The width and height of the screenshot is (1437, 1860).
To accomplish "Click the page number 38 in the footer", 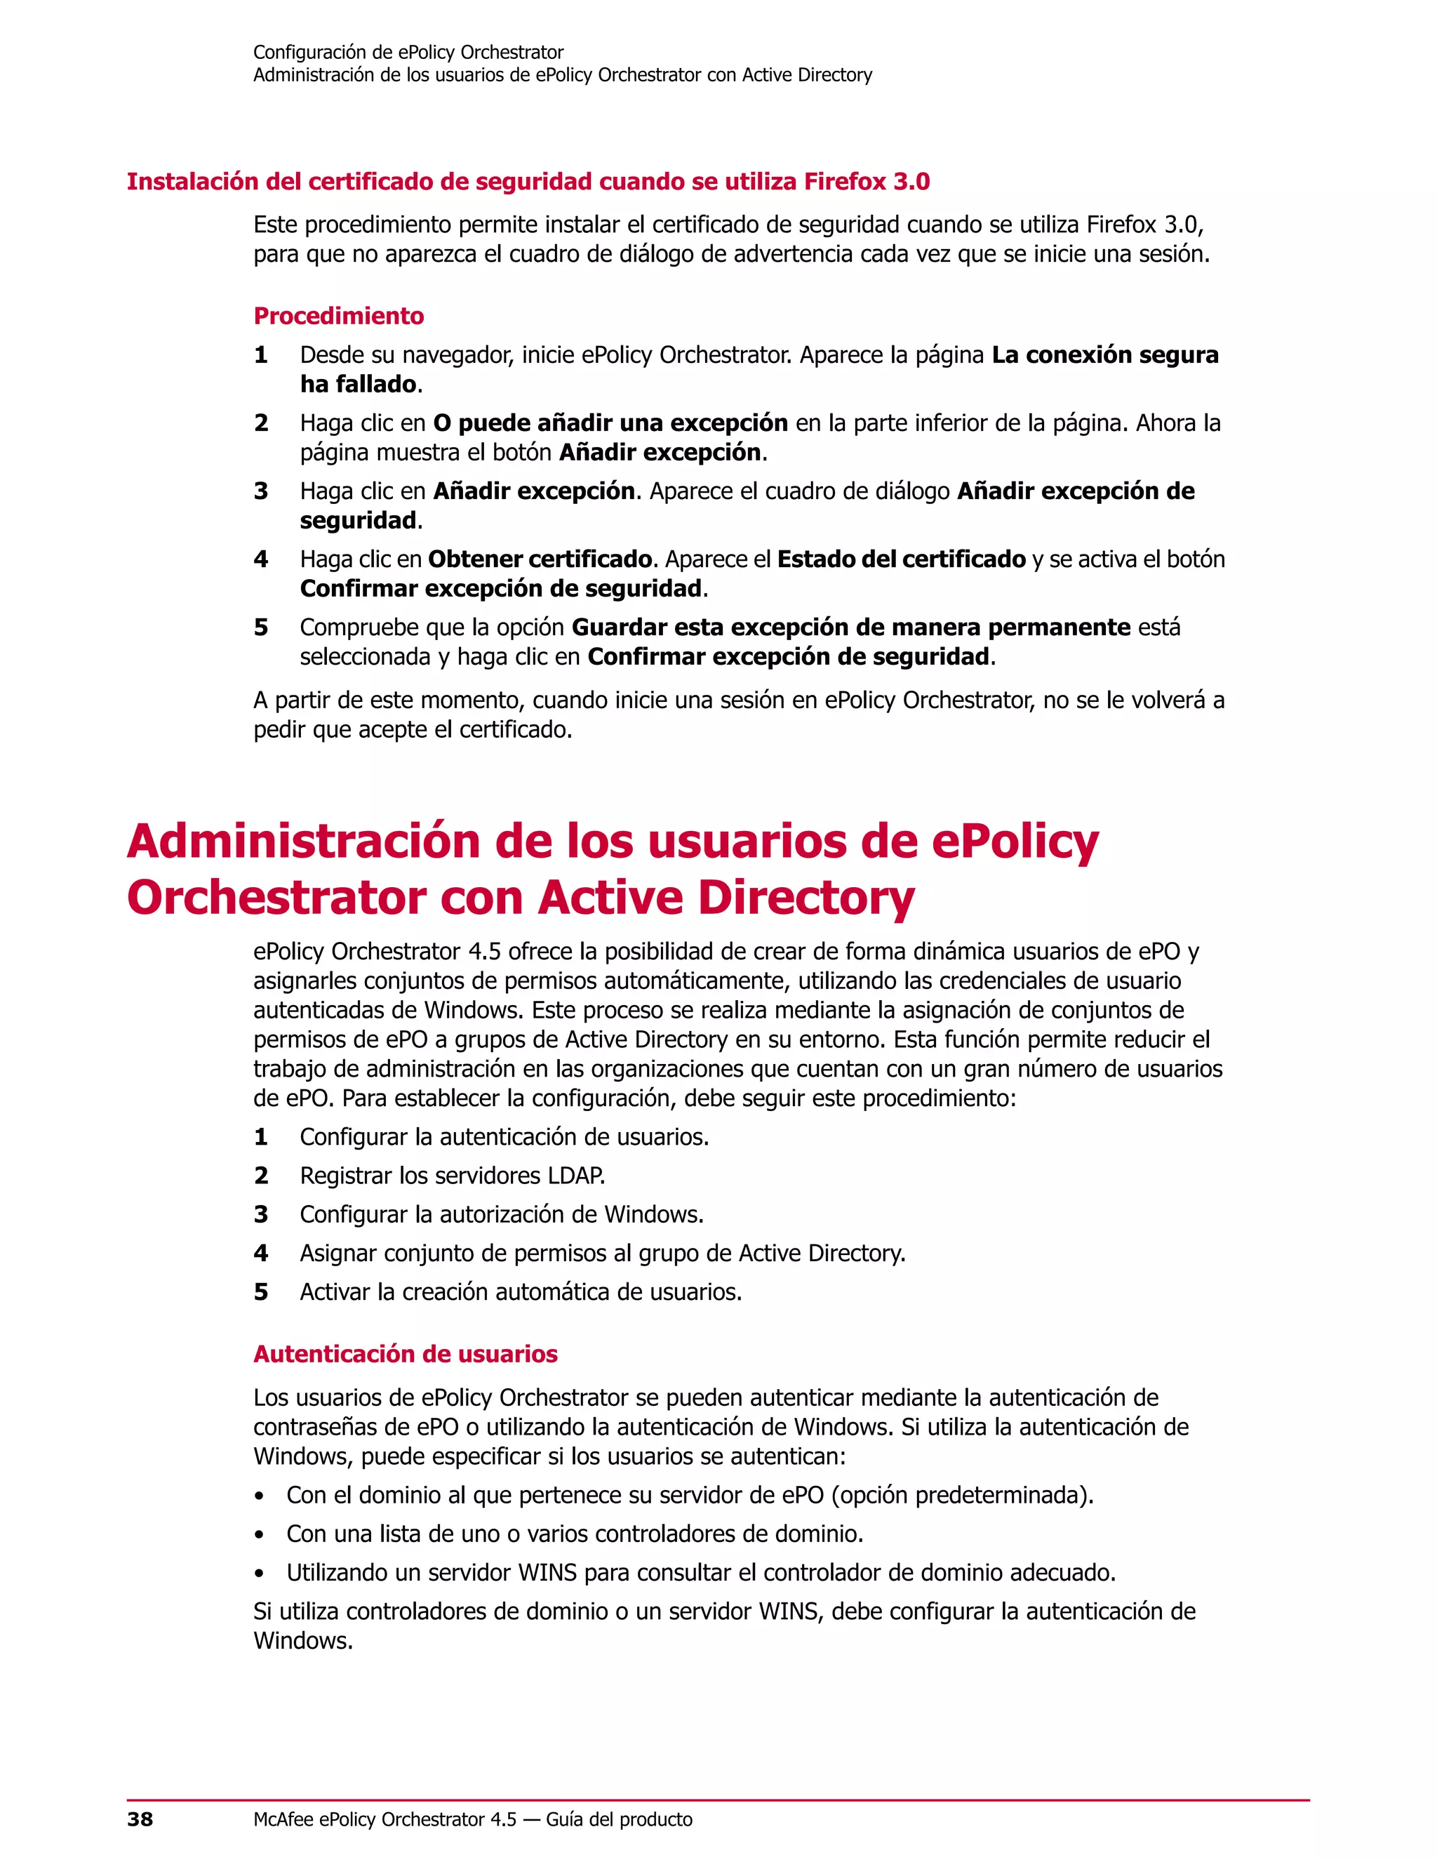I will (x=140, y=1819).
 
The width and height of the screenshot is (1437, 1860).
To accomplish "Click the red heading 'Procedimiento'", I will (x=338, y=316).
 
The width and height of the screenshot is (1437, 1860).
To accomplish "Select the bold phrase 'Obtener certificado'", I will (x=540, y=559).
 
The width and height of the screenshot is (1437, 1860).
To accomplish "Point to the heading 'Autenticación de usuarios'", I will (x=406, y=1354).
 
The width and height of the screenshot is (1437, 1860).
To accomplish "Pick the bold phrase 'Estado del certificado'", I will (x=902, y=559).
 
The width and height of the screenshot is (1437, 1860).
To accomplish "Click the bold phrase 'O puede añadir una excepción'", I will (x=610, y=423).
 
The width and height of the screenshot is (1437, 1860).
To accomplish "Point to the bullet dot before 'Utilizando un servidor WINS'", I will (x=260, y=1574).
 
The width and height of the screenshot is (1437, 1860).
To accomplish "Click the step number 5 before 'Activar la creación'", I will (x=261, y=1292).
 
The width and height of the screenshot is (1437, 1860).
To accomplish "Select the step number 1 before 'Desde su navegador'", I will (x=261, y=355).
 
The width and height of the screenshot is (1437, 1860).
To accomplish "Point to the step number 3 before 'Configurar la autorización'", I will (x=261, y=1214).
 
